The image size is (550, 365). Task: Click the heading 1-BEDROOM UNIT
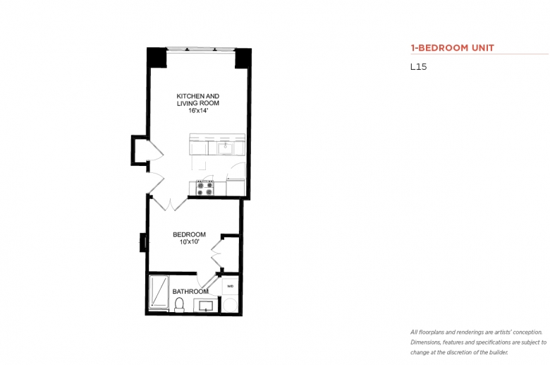pyautogui.click(x=452, y=48)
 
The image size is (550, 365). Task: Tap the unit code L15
pyautogui.click(x=418, y=67)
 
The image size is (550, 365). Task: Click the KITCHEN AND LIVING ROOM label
pyautogui.click(x=198, y=100)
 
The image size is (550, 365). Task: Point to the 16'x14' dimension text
pyautogui.click(x=198, y=111)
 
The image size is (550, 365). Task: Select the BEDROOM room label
pyautogui.click(x=189, y=234)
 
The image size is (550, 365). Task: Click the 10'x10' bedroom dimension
pyautogui.click(x=190, y=241)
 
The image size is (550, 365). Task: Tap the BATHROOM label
pyautogui.click(x=190, y=292)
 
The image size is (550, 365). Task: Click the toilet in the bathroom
pyautogui.click(x=179, y=304)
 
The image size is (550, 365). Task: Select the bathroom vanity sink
pyautogui.click(x=205, y=305)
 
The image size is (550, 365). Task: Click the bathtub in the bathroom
pyautogui.click(x=159, y=292)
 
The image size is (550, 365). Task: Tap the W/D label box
pyautogui.click(x=231, y=286)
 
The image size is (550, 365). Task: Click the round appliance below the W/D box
pyautogui.click(x=231, y=305)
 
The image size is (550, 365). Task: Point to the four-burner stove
pyautogui.click(x=205, y=188)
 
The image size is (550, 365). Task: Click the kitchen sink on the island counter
pyautogui.click(x=225, y=148)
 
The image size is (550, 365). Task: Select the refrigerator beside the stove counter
pyautogui.click(x=236, y=187)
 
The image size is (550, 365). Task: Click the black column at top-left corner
pyautogui.click(x=157, y=57)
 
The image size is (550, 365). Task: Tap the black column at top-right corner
pyautogui.click(x=243, y=58)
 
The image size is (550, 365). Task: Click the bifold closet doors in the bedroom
pyautogui.click(x=217, y=253)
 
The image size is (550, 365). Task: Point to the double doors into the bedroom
pyautogui.click(x=169, y=203)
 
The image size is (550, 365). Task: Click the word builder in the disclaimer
pyautogui.click(x=499, y=352)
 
